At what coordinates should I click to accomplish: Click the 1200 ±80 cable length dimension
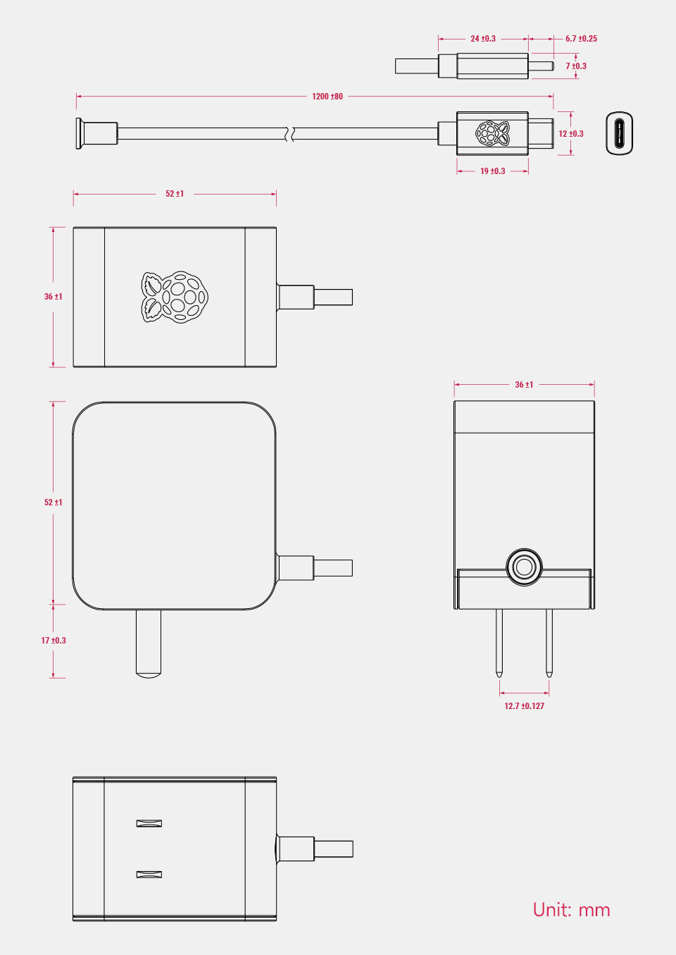pyautogui.click(x=327, y=97)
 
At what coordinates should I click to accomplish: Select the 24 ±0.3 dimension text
pyautogui.click(x=483, y=39)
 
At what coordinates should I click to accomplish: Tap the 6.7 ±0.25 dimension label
pyautogui.click(x=581, y=39)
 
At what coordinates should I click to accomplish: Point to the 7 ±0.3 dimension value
pyautogui.click(x=576, y=66)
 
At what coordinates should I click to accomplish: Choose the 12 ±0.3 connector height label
pyautogui.click(x=571, y=134)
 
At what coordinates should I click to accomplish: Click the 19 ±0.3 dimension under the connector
pyautogui.click(x=492, y=171)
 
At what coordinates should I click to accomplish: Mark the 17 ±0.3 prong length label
pyautogui.click(x=54, y=641)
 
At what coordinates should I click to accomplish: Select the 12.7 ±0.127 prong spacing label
pyautogui.click(x=524, y=706)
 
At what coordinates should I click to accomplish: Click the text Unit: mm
pyautogui.click(x=571, y=910)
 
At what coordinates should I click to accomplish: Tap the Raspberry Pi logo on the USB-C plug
pyautogui.click(x=492, y=133)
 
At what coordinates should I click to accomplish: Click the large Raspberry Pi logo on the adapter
pyautogui.click(x=175, y=297)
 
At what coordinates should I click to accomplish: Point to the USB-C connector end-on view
pyautogui.click(x=620, y=133)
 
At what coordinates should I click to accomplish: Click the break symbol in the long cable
pyautogui.click(x=289, y=133)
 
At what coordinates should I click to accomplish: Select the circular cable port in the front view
pyautogui.click(x=524, y=567)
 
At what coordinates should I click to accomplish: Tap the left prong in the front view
pyautogui.click(x=499, y=641)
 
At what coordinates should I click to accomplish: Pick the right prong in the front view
pyautogui.click(x=549, y=641)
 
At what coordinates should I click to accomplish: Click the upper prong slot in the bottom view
pyautogui.click(x=149, y=823)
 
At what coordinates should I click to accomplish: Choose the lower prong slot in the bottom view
pyautogui.click(x=149, y=875)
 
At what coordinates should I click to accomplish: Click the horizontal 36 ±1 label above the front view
pyautogui.click(x=524, y=385)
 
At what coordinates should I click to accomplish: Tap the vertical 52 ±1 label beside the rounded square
pyautogui.click(x=54, y=503)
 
